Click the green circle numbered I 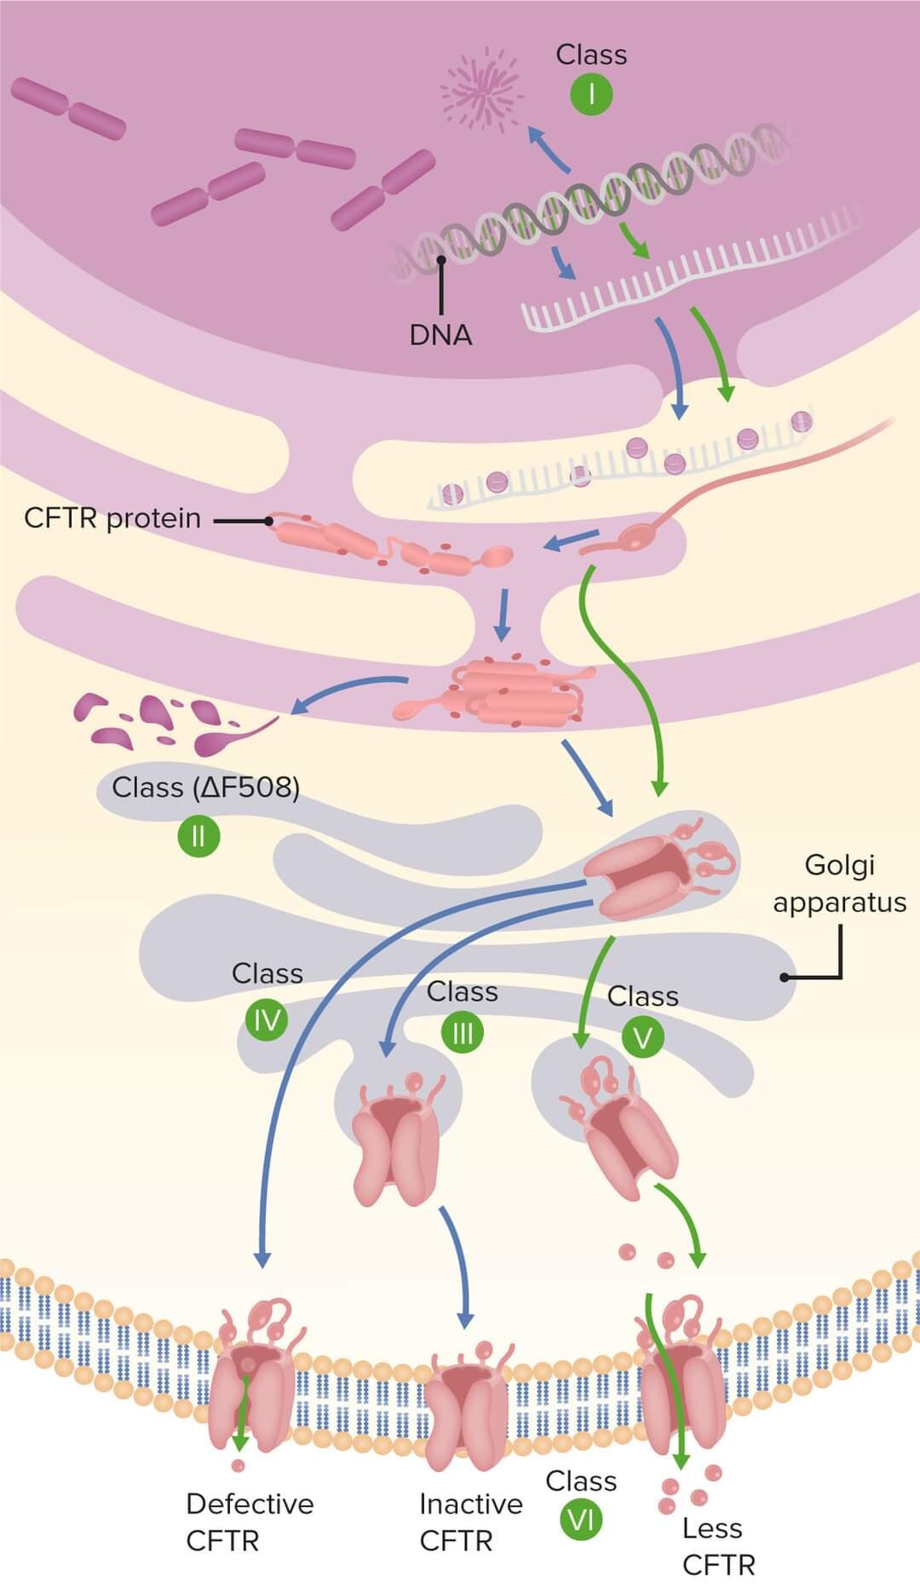590,94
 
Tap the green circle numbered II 198,835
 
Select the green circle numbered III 463,1033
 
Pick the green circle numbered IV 267,1019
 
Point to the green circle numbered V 642,1037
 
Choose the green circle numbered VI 581,1519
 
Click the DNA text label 440,335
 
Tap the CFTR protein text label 112,518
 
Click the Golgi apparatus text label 839,884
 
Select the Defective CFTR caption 249,1522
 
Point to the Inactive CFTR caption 470,1522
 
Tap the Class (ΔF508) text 205,787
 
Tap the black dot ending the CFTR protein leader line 268,520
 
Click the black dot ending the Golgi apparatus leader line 784,978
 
